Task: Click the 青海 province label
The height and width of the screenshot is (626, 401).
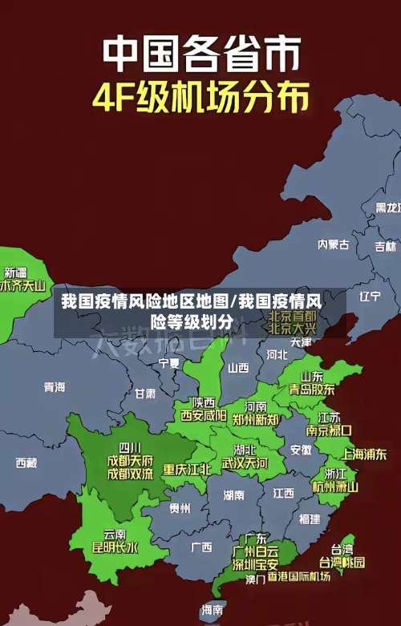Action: tap(54, 387)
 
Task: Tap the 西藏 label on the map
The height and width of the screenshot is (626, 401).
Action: tap(26, 462)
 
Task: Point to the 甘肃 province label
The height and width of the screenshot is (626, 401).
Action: tap(145, 394)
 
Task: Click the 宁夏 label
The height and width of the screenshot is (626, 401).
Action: tap(169, 363)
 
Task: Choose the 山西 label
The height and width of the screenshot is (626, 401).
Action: tap(238, 368)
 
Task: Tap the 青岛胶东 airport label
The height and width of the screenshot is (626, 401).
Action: tap(312, 389)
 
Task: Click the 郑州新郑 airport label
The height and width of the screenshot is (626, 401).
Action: tap(256, 419)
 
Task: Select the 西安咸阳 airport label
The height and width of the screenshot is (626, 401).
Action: tap(203, 415)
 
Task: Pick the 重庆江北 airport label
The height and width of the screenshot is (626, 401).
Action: tap(187, 469)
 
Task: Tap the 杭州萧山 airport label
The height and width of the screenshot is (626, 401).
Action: tap(335, 486)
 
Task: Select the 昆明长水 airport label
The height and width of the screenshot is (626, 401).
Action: tap(115, 548)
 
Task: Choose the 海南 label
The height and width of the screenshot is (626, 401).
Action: tap(213, 610)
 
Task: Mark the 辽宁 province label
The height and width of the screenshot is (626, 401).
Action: tap(370, 297)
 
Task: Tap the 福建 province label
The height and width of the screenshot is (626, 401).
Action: tap(309, 519)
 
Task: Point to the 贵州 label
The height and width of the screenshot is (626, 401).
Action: tap(180, 507)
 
